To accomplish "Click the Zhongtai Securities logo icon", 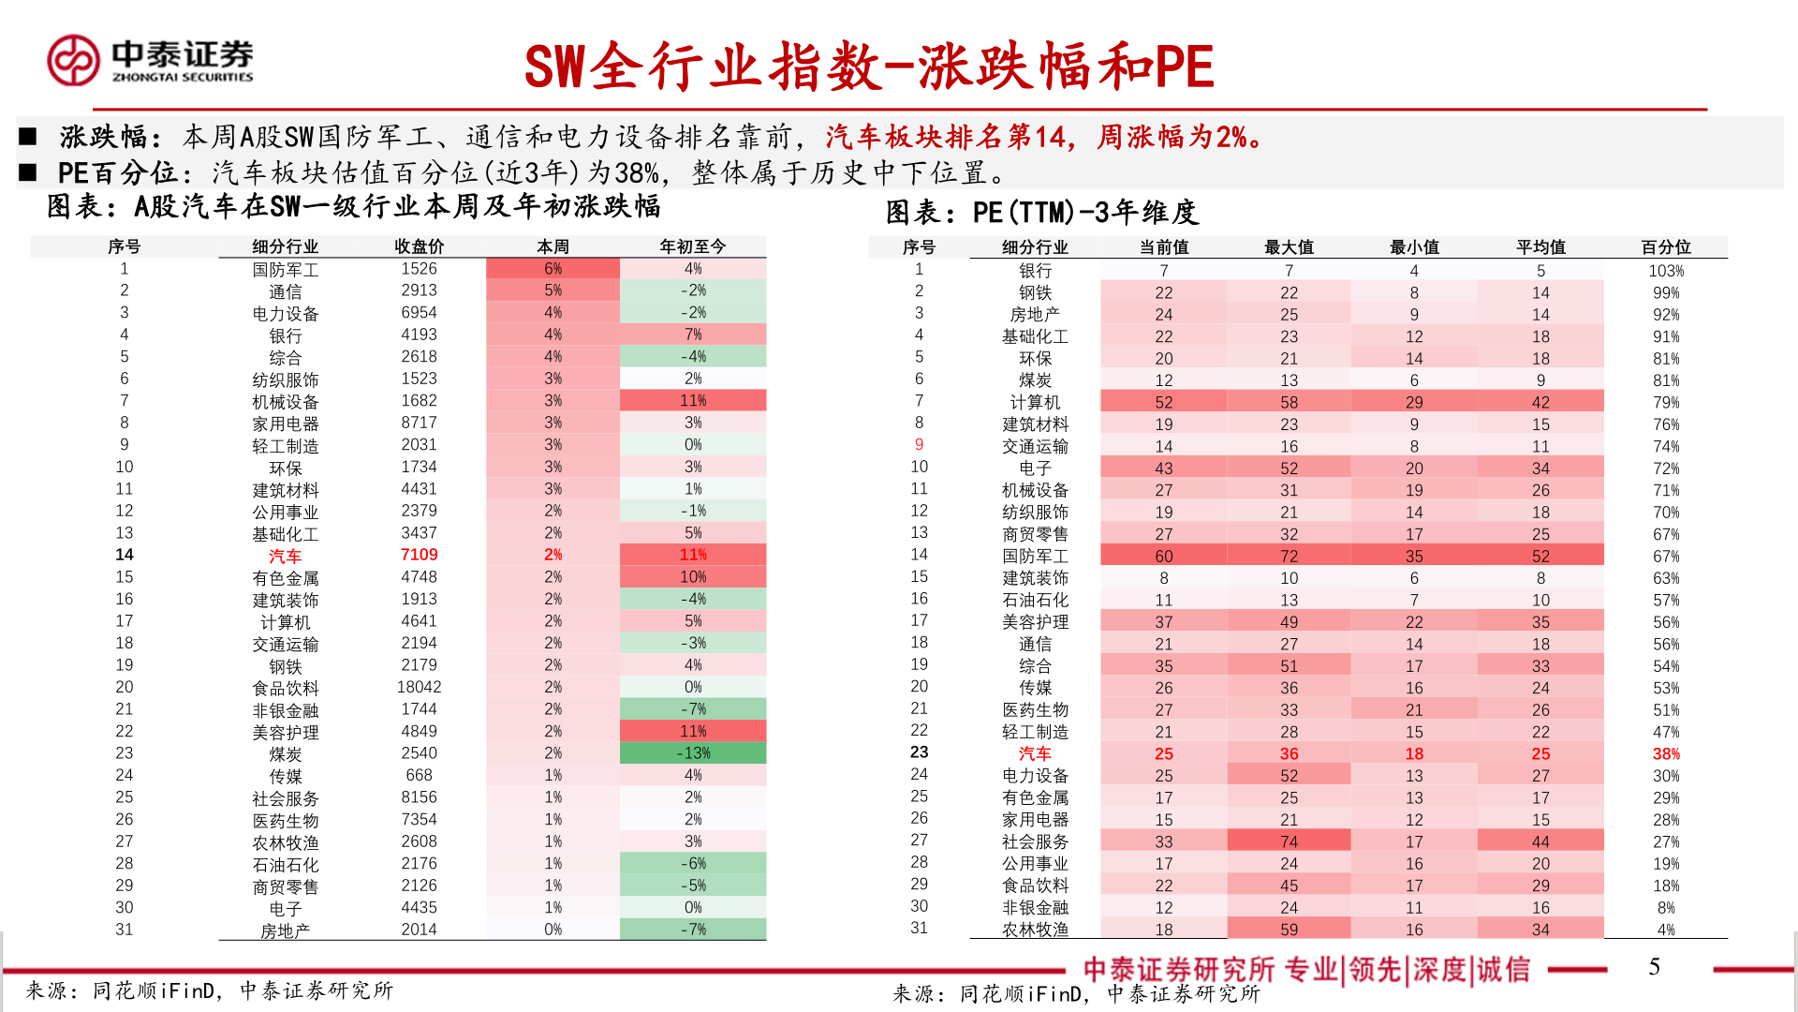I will (73, 61).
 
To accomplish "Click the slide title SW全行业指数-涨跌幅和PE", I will (868, 67).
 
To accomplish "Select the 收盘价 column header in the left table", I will (419, 246).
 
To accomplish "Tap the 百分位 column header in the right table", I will (1665, 247).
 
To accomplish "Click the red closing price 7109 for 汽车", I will (419, 555).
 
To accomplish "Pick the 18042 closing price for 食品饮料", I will (419, 687).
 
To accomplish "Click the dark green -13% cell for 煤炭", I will (693, 753).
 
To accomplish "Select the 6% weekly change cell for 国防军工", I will (553, 269).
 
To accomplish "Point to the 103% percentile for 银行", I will (1665, 271).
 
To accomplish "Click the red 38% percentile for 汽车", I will (1665, 754).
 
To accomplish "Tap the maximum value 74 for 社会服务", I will (1289, 842).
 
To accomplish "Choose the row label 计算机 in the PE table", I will (1035, 402).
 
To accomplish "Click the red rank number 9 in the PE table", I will (919, 445).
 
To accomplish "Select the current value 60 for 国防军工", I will (1163, 557).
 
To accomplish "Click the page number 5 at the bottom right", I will (1654, 967).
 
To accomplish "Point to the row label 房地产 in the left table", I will (285, 930).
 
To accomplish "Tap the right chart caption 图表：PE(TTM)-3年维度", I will (1041, 213).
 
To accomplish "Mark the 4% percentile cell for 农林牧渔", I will (1665, 930).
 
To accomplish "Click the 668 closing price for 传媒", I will (419, 775).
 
